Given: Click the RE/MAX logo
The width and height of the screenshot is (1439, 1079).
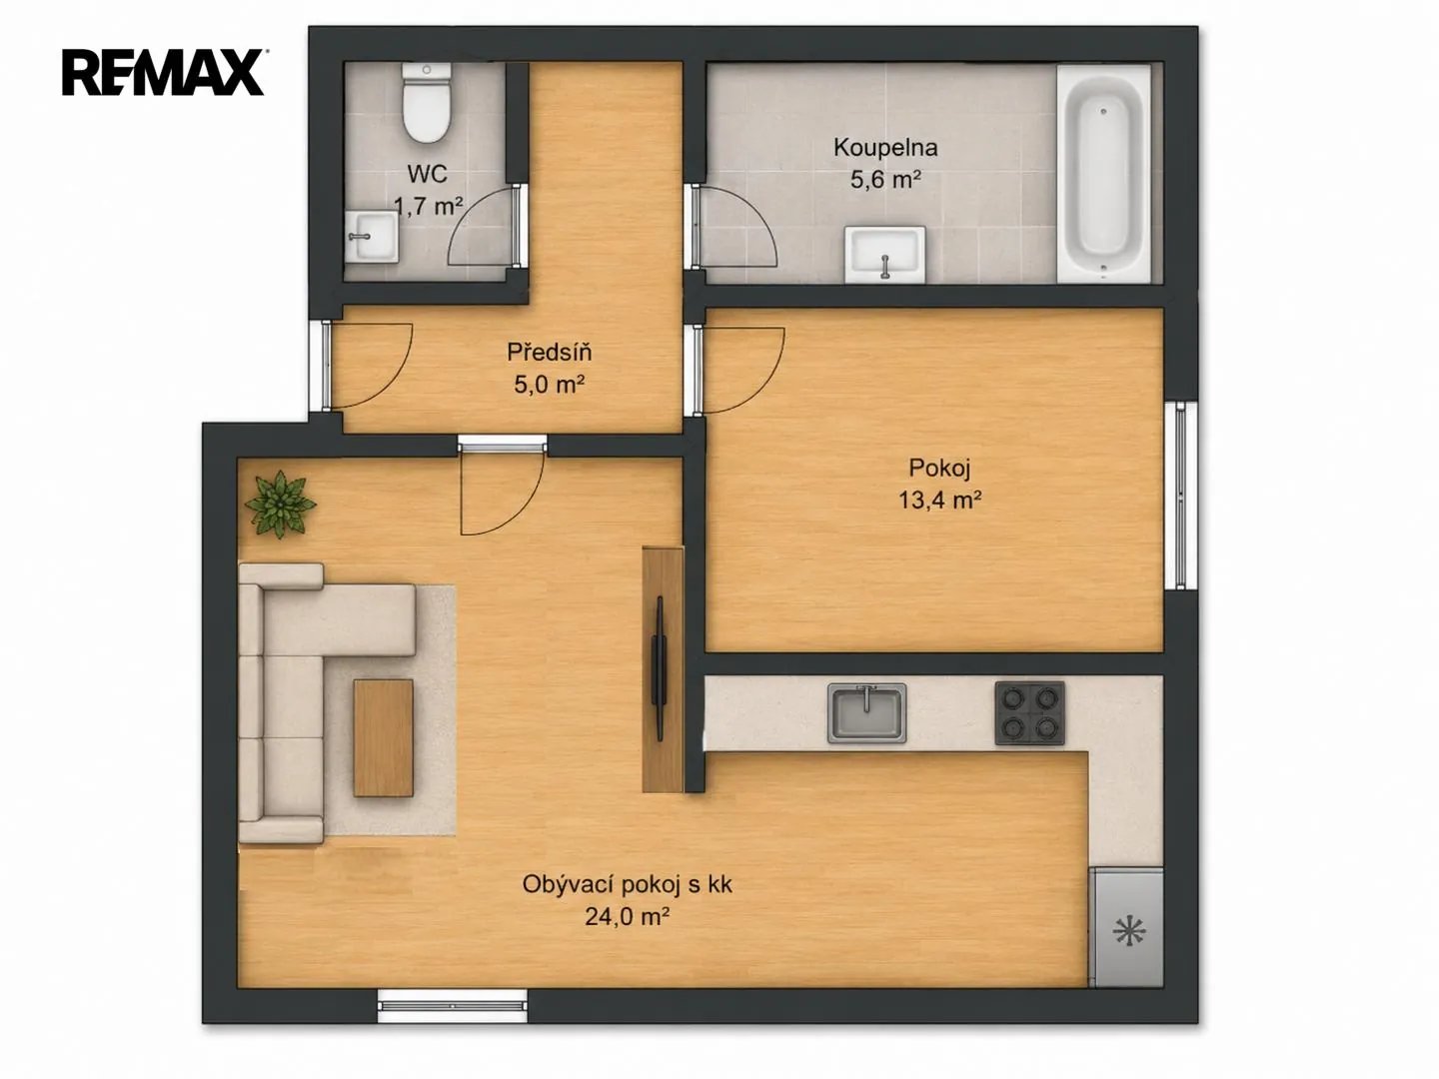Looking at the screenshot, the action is (163, 72).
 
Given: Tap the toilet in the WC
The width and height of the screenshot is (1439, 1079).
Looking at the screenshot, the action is (426, 103).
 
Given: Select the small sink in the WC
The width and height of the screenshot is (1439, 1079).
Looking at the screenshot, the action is (371, 237).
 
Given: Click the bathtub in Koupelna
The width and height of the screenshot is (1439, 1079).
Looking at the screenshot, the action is (1104, 174).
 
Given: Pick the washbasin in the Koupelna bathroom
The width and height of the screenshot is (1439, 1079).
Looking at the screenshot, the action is (884, 254).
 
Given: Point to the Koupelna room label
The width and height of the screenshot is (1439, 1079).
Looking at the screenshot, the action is (885, 148).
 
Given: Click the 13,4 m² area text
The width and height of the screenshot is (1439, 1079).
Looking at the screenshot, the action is (939, 501).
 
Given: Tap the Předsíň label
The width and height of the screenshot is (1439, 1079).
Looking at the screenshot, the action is (549, 352).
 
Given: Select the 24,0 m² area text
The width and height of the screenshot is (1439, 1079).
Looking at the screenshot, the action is (627, 916).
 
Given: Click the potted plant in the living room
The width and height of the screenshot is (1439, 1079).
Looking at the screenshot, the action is (280, 504).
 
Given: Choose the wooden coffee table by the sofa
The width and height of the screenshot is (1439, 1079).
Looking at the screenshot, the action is (383, 737).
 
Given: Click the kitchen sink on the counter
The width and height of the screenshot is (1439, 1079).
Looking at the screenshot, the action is (866, 713).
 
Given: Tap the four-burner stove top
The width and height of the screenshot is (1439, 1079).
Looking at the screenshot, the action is (1029, 713).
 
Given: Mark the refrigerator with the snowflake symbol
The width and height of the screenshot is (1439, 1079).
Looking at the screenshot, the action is (1126, 927).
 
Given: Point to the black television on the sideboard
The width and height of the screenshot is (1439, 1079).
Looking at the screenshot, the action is (659, 669).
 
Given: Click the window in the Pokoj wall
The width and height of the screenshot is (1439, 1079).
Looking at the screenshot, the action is (1181, 496).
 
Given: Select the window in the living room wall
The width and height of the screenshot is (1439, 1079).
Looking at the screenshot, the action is (452, 1006).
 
